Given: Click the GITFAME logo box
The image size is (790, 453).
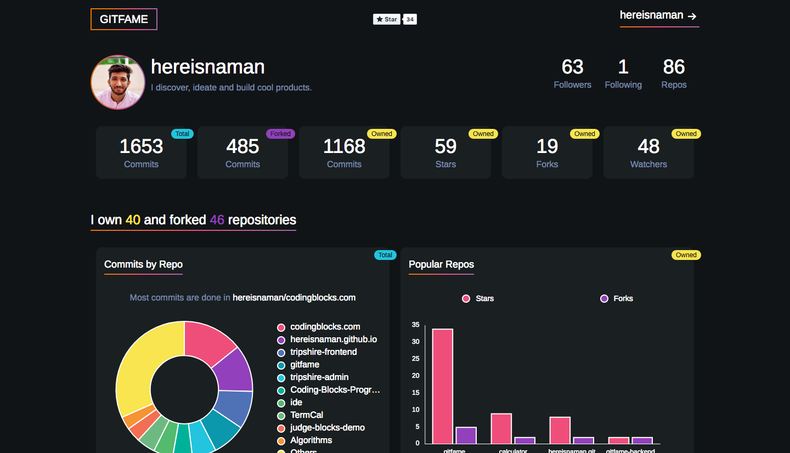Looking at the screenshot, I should (x=124, y=19).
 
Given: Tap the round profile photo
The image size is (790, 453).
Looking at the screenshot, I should (x=118, y=82).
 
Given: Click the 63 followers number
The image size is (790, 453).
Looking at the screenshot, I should (x=572, y=67).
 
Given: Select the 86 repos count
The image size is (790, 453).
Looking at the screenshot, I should (x=674, y=67).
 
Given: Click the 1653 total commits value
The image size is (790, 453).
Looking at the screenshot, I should (x=141, y=146).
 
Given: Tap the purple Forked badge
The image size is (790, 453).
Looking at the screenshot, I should (x=280, y=134).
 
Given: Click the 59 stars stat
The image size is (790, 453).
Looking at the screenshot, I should (x=445, y=146).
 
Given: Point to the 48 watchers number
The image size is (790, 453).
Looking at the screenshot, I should (x=648, y=146).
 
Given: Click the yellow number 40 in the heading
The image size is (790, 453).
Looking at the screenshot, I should (x=133, y=220).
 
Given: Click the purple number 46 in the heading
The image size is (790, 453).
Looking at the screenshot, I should (x=217, y=220).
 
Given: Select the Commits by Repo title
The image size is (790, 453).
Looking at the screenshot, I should (x=143, y=264).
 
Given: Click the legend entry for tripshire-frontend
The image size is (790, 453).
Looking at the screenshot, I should (x=323, y=352).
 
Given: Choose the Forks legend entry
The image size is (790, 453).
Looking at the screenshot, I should (x=617, y=298).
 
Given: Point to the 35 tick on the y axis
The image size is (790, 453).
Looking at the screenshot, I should (x=416, y=325).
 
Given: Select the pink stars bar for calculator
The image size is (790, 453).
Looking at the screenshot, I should (x=501, y=428).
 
